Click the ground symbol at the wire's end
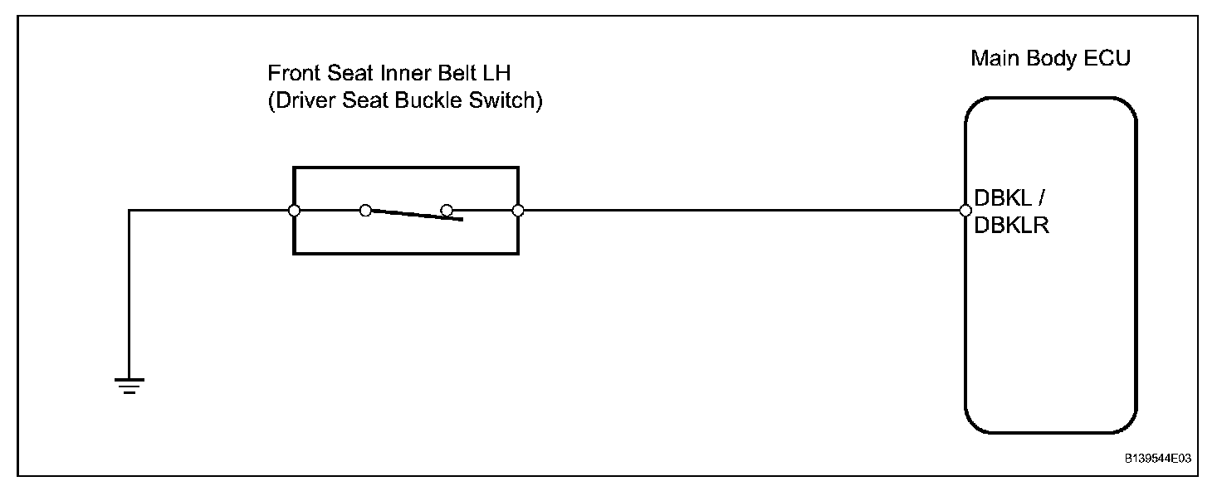[130, 385]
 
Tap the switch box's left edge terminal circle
[294, 211]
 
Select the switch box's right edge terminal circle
[518, 211]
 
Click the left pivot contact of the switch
[365, 211]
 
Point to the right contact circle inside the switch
[447, 211]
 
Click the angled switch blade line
[415, 216]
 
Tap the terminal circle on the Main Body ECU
[965, 211]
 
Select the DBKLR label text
[1011, 226]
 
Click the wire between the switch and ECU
[739, 211]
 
